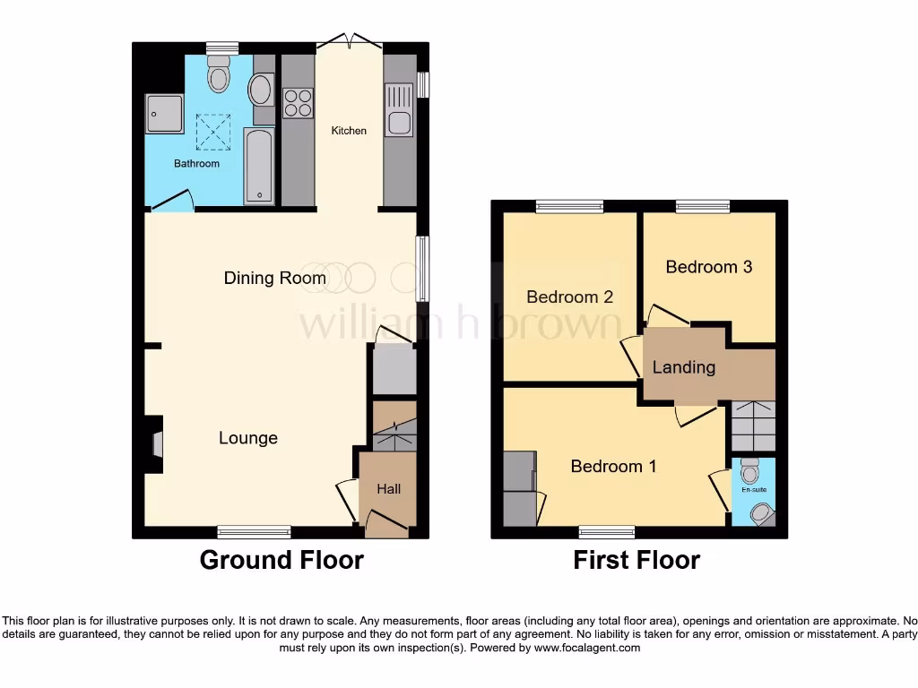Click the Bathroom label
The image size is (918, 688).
click(x=196, y=164)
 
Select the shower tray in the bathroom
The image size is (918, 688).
click(x=165, y=112)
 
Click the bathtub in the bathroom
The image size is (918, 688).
click(x=259, y=166)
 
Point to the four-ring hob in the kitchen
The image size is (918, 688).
click(x=299, y=104)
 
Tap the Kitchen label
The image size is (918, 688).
click(x=349, y=131)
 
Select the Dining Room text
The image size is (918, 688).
click(x=274, y=278)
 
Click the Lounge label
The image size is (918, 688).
click(x=248, y=438)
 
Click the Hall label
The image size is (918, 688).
click(x=388, y=489)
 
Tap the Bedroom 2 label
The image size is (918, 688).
click(x=569, y=297)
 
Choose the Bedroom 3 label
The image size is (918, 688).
click(x=708, y=267)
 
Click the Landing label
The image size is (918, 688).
click(x=683, y=367)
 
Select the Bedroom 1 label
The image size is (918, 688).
click(x=613, y=466)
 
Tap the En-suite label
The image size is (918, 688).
click(x=753, y=490)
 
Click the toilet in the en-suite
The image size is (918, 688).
click(x=751, y=469)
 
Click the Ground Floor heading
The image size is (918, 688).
click(x=281, y=560)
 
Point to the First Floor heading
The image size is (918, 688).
click(x=637, y=560)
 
